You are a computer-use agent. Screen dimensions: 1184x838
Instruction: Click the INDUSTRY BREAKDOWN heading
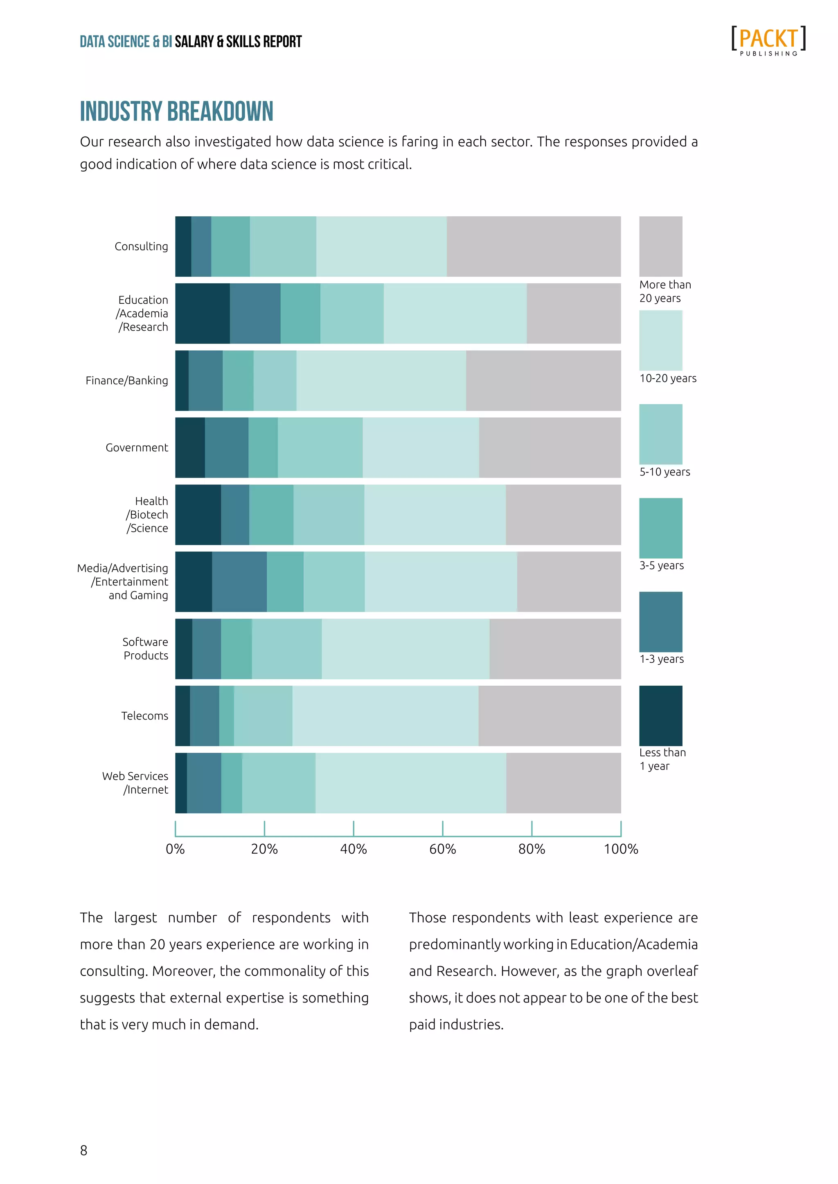(176, 111)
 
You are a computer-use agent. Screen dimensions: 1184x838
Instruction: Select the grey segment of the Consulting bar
(534, 247)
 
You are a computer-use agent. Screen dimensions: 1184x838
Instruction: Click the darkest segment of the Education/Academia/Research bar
(202, 314)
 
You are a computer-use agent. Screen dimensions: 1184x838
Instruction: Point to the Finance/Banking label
(126, 381)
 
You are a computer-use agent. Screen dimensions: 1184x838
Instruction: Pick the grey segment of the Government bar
(550, 448)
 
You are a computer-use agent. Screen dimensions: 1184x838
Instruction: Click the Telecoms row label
(144, 716)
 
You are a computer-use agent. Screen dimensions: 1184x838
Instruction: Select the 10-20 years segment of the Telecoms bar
(385, 716)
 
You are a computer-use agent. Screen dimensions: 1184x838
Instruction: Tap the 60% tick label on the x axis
(442, 849)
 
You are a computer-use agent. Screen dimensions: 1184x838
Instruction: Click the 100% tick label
(621, 849)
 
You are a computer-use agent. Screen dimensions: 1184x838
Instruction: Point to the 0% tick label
(176, 849)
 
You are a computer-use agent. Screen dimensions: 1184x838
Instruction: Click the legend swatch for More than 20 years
(660, 247)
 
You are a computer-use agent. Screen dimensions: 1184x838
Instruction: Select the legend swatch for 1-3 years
(660, 622)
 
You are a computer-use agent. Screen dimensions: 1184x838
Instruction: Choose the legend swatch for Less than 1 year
(660, 716)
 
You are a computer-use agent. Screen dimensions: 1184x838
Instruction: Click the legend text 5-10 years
(665, 472)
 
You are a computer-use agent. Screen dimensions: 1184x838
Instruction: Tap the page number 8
(83, 1150)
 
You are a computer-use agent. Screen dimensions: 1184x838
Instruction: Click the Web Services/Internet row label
(135, 783)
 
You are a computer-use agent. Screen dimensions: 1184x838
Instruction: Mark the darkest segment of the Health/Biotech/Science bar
(198, 515)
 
